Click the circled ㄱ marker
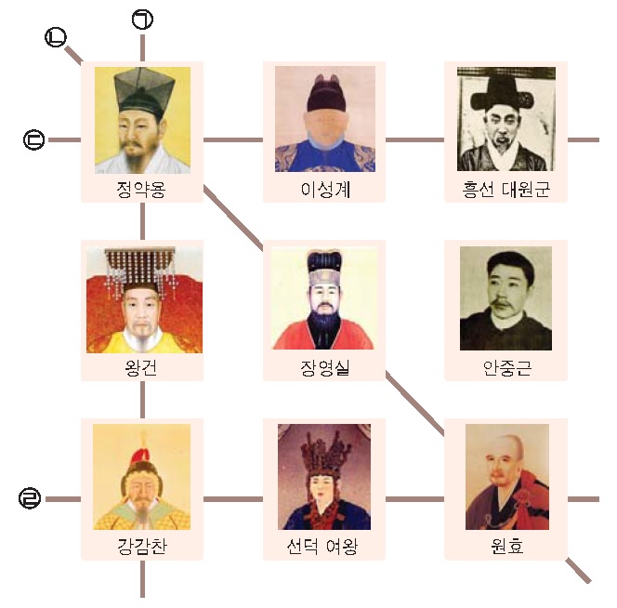click(142, 20)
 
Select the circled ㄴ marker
click(56, 37)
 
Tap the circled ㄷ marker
click(34, 139)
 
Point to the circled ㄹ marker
click(30, 498)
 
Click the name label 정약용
click(141, 190)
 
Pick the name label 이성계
click(325, 190)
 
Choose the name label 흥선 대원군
click(506, 190)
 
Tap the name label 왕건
click(141, 368)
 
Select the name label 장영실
click(325, 368)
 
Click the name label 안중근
click(507, 368)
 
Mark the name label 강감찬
click(142, 546)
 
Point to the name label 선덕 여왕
click(322, 546)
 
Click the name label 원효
click(507, 546)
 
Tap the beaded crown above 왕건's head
click(140, 267)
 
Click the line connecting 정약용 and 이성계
click(233, 139)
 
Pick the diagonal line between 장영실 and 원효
click(414, 403)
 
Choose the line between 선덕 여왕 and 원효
click(414, 499)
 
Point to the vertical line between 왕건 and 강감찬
click(142, 400)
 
